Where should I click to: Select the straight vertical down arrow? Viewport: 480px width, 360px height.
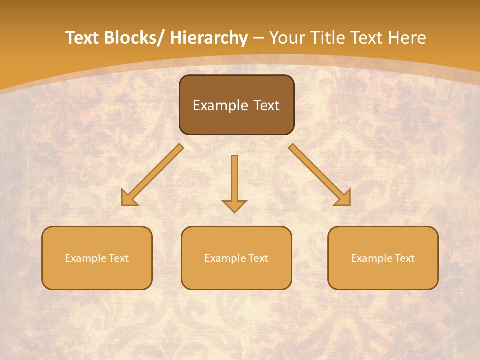click(x=234, y=180)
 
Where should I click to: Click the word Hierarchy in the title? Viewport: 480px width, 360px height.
click(x=209, y=38)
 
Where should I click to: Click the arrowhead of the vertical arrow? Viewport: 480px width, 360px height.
click(x=234, y=206)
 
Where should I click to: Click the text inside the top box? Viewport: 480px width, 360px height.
click(x=236, y=105)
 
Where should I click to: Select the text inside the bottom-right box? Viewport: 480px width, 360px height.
click(x=383, y=258)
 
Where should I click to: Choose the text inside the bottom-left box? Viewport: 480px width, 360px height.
click(x=97, y=258)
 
